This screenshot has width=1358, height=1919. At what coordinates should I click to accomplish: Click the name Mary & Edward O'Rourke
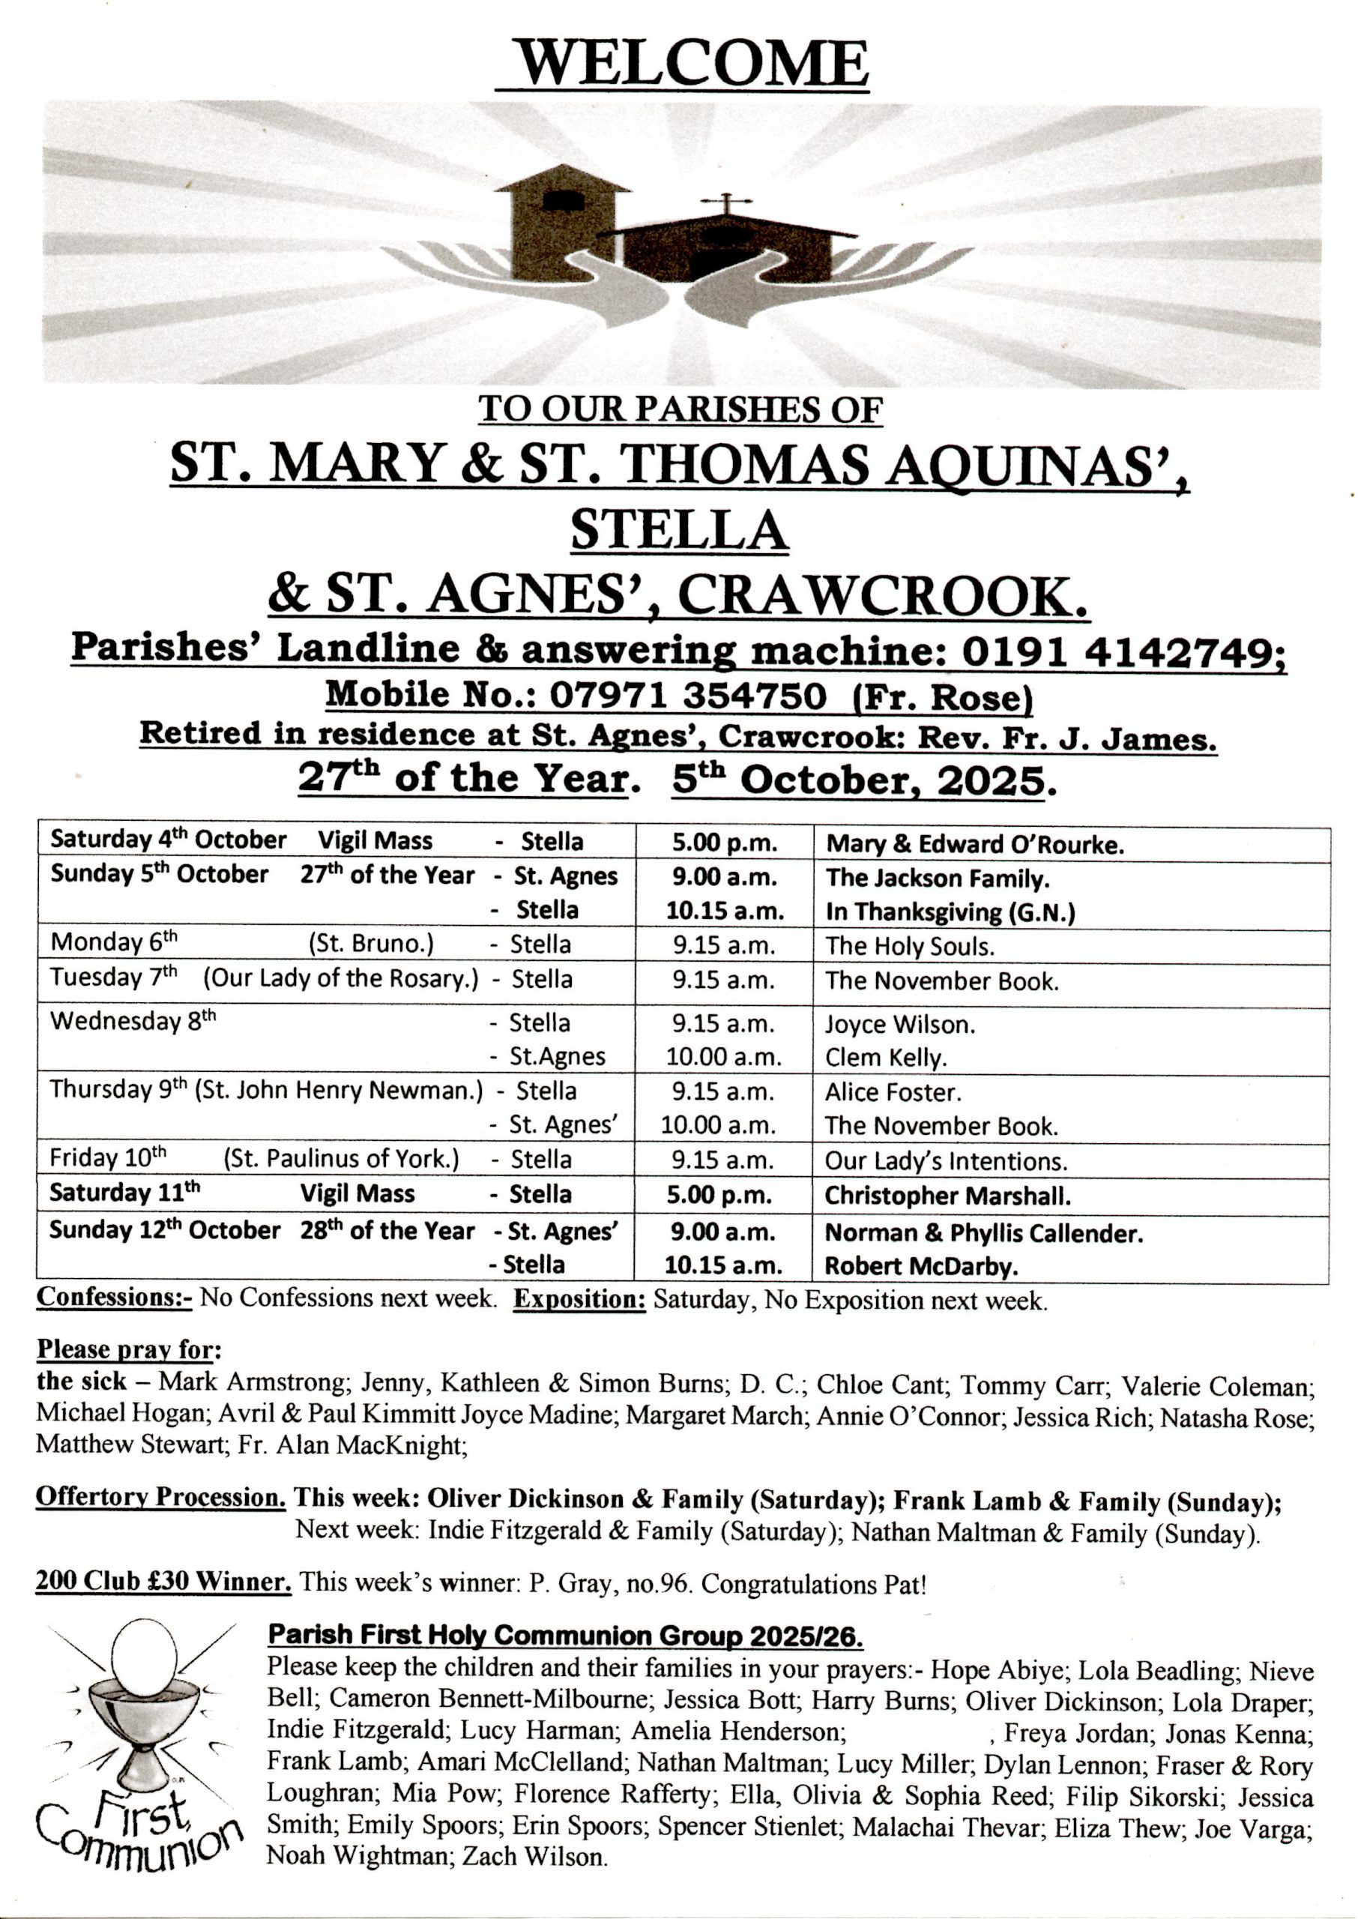tap(974, 845)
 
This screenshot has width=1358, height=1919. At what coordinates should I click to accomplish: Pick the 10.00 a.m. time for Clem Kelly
tap(723, 1057)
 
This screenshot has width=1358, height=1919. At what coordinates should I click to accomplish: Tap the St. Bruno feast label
tap(370, 944)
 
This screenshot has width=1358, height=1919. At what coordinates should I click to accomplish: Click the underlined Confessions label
tap(114, 1297)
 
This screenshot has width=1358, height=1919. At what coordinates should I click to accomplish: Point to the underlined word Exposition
tap(579, 1301)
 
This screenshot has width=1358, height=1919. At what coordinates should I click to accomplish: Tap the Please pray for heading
tap(129, 1349)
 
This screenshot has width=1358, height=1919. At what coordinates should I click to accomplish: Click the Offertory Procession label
tap(160, 1497)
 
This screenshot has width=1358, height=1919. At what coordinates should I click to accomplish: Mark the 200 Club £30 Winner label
tap(163, 1581)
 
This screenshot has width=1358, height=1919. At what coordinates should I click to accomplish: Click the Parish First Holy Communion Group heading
tap(564, 1635)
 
